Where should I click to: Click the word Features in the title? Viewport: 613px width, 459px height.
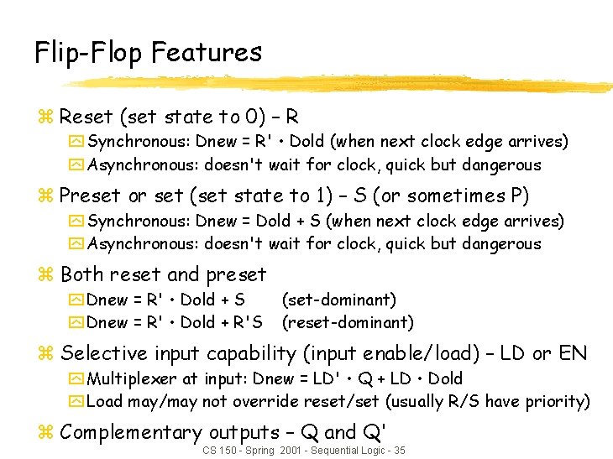tap(207, 53)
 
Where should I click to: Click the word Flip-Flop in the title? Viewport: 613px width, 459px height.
tap(89, 53)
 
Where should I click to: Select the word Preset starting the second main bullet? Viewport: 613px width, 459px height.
tap(92, 196)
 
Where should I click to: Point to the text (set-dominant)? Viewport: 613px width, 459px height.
tap(338, 300)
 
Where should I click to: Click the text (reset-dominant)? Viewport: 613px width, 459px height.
tap(348, 322)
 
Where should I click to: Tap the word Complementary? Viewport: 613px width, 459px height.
tap(131, 433)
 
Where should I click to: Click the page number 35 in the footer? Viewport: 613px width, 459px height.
tap(399, 451)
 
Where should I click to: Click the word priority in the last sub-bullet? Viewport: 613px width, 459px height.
tap(556, 402)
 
